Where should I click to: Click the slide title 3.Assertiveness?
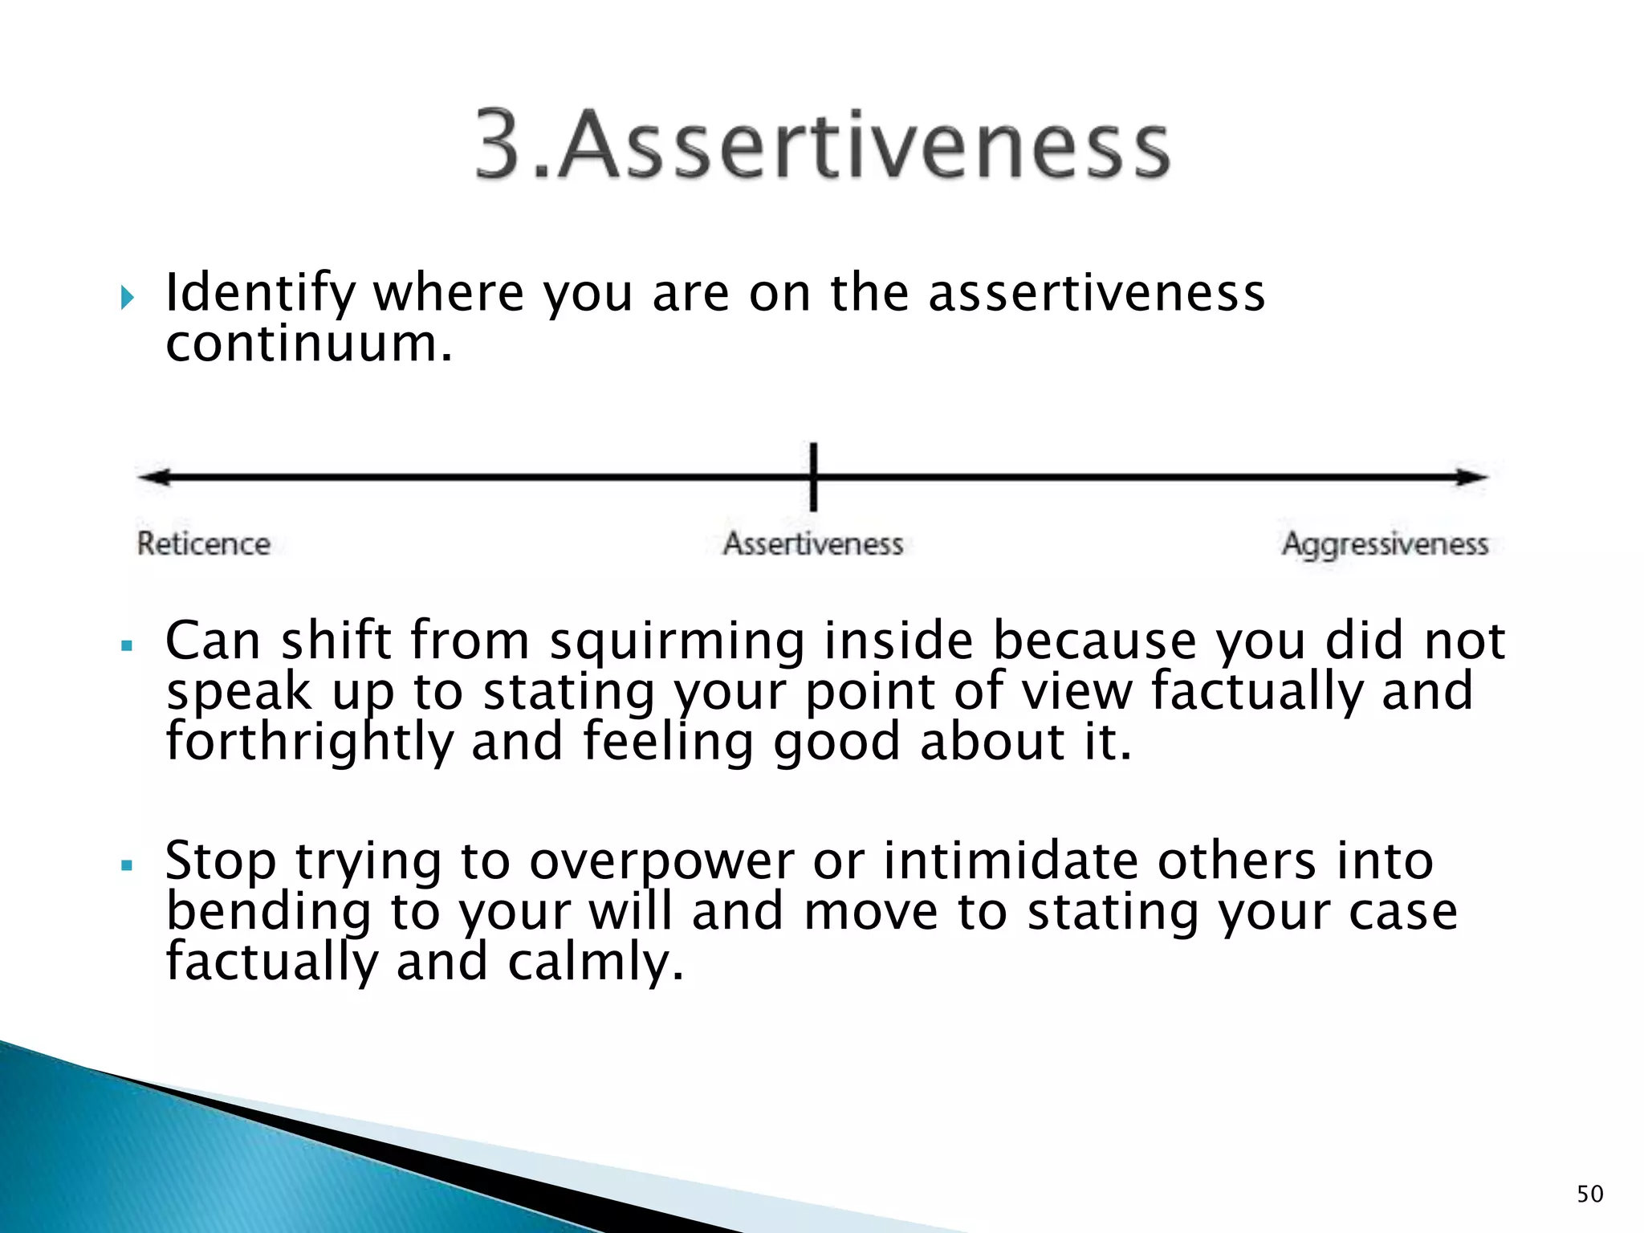click(x=822, y=144)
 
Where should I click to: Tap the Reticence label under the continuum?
click(x=203, y=544)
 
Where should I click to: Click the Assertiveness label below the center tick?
click(x=813, y=544)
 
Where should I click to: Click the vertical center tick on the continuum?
click(x=813, y=477)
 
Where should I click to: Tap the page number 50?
click(x=1589, y=1194)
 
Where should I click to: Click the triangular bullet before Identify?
click(x=127, y=299)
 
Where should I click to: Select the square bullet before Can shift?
click(x=126, y=645)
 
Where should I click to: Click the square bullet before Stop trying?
click(x=126, y=865)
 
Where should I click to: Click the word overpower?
click(x=661, y=862)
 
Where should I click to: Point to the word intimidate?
click(x=1011, y=861)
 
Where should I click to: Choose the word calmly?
click(x=595, y=962)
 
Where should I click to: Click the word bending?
click(x=269, y=913)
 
